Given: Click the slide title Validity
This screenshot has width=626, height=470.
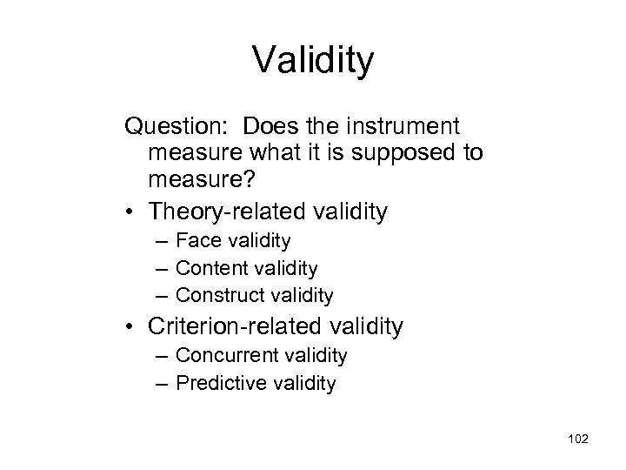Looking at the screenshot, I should [x=313, y=61].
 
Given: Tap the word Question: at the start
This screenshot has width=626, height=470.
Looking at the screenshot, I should [x=176, y=127].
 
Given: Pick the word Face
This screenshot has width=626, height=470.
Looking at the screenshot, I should [x=196, y=240].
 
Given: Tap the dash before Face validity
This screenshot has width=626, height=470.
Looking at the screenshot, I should [x=163, y=241].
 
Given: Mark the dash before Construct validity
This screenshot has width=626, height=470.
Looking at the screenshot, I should [x=163, y=297].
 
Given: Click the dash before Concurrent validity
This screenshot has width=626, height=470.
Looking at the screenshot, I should [x=163, y=356].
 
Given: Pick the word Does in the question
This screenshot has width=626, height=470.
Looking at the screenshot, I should [x=267, y=127].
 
